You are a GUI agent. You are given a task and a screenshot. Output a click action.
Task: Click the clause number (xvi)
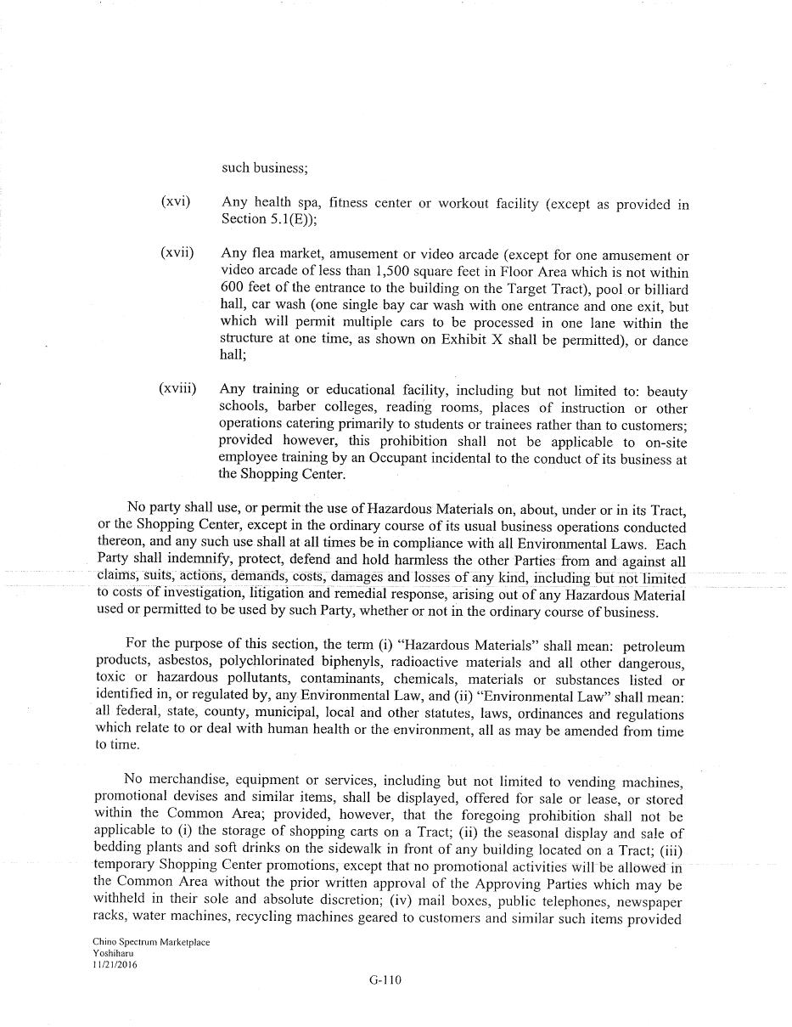(175, 202)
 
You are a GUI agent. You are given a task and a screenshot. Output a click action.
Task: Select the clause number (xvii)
(177, 253)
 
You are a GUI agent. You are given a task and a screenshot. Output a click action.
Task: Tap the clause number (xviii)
(177, 389)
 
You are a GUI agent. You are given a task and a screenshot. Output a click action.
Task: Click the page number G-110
(385, 979)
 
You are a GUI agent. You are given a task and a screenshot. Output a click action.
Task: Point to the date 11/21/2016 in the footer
(115, 965)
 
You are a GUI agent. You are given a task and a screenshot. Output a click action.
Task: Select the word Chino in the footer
(104, 943)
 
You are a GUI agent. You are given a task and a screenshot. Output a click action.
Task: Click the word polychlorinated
(276, 663)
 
